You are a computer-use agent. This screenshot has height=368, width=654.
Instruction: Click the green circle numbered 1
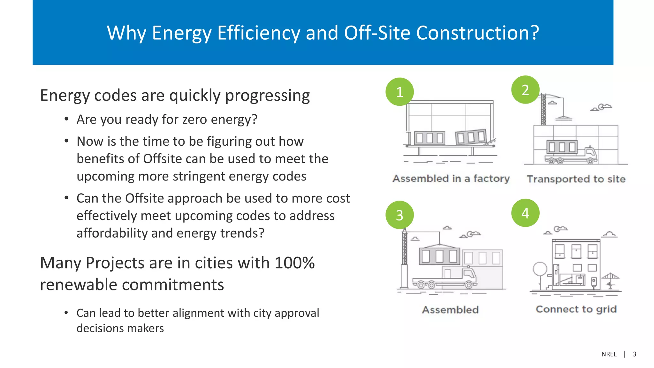[x=399, y=92]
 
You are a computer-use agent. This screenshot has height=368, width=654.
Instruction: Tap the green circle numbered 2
[x=525, y=90]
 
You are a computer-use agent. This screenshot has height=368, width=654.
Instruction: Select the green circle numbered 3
[x=399, y=215]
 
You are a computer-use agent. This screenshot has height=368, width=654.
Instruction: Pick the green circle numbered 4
[x=525, y=213]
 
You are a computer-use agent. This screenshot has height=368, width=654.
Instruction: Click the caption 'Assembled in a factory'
[x=451, y=179]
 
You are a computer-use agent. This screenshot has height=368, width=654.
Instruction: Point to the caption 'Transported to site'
[x=576, y=179]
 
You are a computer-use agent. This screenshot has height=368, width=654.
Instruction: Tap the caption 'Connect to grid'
[x=576, y=309]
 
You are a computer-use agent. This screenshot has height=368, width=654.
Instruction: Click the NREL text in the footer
[x=609, y=354]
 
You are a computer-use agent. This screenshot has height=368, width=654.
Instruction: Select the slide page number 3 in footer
[x=634, y=354]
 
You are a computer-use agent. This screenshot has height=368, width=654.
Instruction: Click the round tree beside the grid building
[x=540, y=269]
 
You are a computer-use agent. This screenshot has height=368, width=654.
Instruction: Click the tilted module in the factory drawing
[x=471, y=137]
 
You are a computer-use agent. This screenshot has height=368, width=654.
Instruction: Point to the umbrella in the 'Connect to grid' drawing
[x=610, y=277]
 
